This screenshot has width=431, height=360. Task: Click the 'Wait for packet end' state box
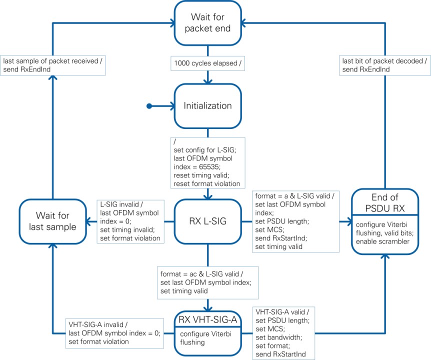(207, 22)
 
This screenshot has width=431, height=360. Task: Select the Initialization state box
(207, 105)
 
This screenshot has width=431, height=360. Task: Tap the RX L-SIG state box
(207, 221)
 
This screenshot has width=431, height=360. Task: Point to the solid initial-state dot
(148, 106)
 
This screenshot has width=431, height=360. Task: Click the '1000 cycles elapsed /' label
(207, 64)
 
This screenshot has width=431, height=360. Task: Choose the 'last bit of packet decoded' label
(384, 61)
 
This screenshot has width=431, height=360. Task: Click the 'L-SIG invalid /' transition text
(123, 205)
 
